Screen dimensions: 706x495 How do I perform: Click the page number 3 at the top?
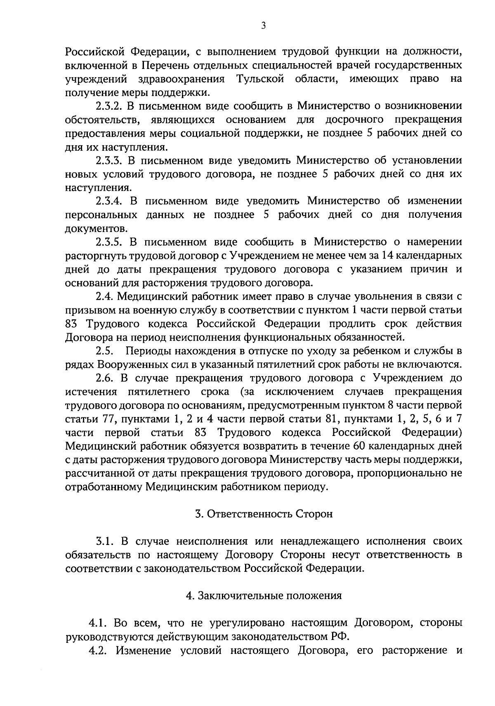264,26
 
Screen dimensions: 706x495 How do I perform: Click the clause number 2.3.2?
108,106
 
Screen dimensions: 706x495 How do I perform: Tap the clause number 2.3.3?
108,160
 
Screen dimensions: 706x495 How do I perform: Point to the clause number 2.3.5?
108,242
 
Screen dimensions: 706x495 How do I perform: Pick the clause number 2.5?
104,351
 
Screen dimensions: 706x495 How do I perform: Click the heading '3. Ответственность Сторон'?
264,514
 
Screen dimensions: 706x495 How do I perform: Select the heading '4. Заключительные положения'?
264,596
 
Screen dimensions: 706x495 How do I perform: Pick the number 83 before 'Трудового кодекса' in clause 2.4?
73,324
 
